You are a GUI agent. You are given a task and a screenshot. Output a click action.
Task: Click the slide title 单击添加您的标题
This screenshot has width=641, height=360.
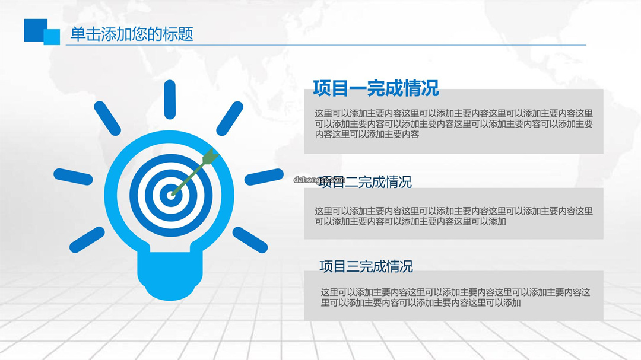[x=132, y=34]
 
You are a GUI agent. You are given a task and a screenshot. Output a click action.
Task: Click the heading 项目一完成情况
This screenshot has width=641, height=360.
[x=376, y=88]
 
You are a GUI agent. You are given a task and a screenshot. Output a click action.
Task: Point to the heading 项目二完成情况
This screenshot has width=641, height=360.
[x=365, y=182]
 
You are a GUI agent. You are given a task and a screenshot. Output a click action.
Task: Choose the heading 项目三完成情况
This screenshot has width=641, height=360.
[x=366, y=266]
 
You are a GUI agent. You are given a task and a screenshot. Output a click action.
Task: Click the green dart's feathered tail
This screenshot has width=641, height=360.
[x=210, y=157]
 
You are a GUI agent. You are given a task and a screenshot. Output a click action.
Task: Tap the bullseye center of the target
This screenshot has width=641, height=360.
[x=171, y=195]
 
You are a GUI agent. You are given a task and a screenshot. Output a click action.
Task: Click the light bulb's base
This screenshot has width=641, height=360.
[x=170, y=276]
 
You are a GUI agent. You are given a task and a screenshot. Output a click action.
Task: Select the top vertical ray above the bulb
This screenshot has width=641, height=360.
[x=170, y=100]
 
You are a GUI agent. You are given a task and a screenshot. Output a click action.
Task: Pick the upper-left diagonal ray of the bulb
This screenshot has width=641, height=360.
[x=107, y=119]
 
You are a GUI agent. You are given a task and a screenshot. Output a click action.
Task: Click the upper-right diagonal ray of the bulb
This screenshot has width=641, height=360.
[x=230, y=119]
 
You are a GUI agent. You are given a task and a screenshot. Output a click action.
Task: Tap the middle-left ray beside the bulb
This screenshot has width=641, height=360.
[x=73, y=177]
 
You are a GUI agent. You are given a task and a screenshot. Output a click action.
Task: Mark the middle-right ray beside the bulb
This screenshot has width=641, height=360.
[x=264, y=177]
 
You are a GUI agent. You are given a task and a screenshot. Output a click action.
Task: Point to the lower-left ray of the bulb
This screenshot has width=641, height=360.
[x=87, y=240]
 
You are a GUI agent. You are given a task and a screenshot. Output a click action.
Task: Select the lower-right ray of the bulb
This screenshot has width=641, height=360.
[x=250, y=240]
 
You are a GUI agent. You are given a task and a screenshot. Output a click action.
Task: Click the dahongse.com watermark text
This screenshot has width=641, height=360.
[x=319, y=180]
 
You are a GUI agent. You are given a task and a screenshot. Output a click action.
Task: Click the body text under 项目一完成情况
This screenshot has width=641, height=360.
[x=454, y=124]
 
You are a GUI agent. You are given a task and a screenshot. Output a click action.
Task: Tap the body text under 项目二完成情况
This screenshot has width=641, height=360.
[x=454, y=216]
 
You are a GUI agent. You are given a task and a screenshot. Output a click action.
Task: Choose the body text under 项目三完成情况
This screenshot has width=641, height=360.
[x=455, y=298]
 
